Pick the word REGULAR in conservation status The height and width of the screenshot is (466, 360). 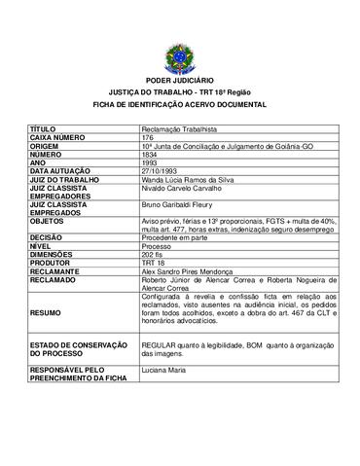(x=160, y=344)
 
